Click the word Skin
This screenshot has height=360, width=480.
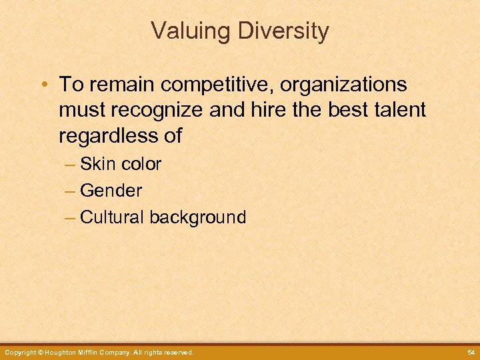(x=97, y=164)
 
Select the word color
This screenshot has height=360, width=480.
(x=141, y=164)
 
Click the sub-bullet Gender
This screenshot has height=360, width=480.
(x=111, y=191)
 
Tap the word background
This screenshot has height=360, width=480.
(x=198, y=217)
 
